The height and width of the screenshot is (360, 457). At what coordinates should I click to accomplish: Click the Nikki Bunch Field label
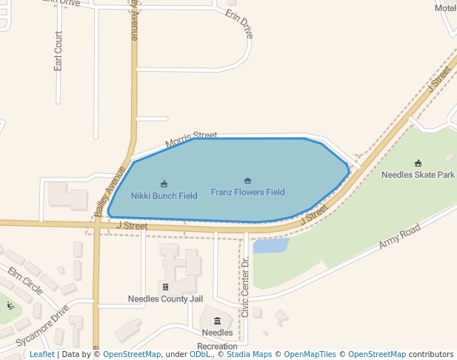pos(164,196)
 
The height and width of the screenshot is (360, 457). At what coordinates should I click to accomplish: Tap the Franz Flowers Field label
pos(247,193)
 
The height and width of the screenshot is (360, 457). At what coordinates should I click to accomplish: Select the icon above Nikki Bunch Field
pos(164,184)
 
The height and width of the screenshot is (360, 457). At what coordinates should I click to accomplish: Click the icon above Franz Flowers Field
pos(247,181)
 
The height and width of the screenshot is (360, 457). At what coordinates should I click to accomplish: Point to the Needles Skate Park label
pos(418,176)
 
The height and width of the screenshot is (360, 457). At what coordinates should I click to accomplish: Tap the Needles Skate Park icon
pos(418,164)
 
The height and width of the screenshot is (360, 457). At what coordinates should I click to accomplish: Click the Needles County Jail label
pos(165,299)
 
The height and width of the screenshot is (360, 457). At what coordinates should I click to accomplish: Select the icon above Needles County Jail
pos(165,287)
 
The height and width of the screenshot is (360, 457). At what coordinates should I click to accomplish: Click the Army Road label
pos(399,236)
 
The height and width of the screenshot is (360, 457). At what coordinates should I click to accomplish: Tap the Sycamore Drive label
pos(41,326)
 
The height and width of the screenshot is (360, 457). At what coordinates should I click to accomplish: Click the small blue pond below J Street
pos(270,246)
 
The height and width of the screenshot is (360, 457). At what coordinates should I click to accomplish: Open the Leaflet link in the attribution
pos(41,355)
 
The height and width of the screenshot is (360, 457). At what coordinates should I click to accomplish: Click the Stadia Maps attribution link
pos(249,355)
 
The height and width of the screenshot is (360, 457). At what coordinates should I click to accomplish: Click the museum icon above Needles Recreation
pos(217,321)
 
